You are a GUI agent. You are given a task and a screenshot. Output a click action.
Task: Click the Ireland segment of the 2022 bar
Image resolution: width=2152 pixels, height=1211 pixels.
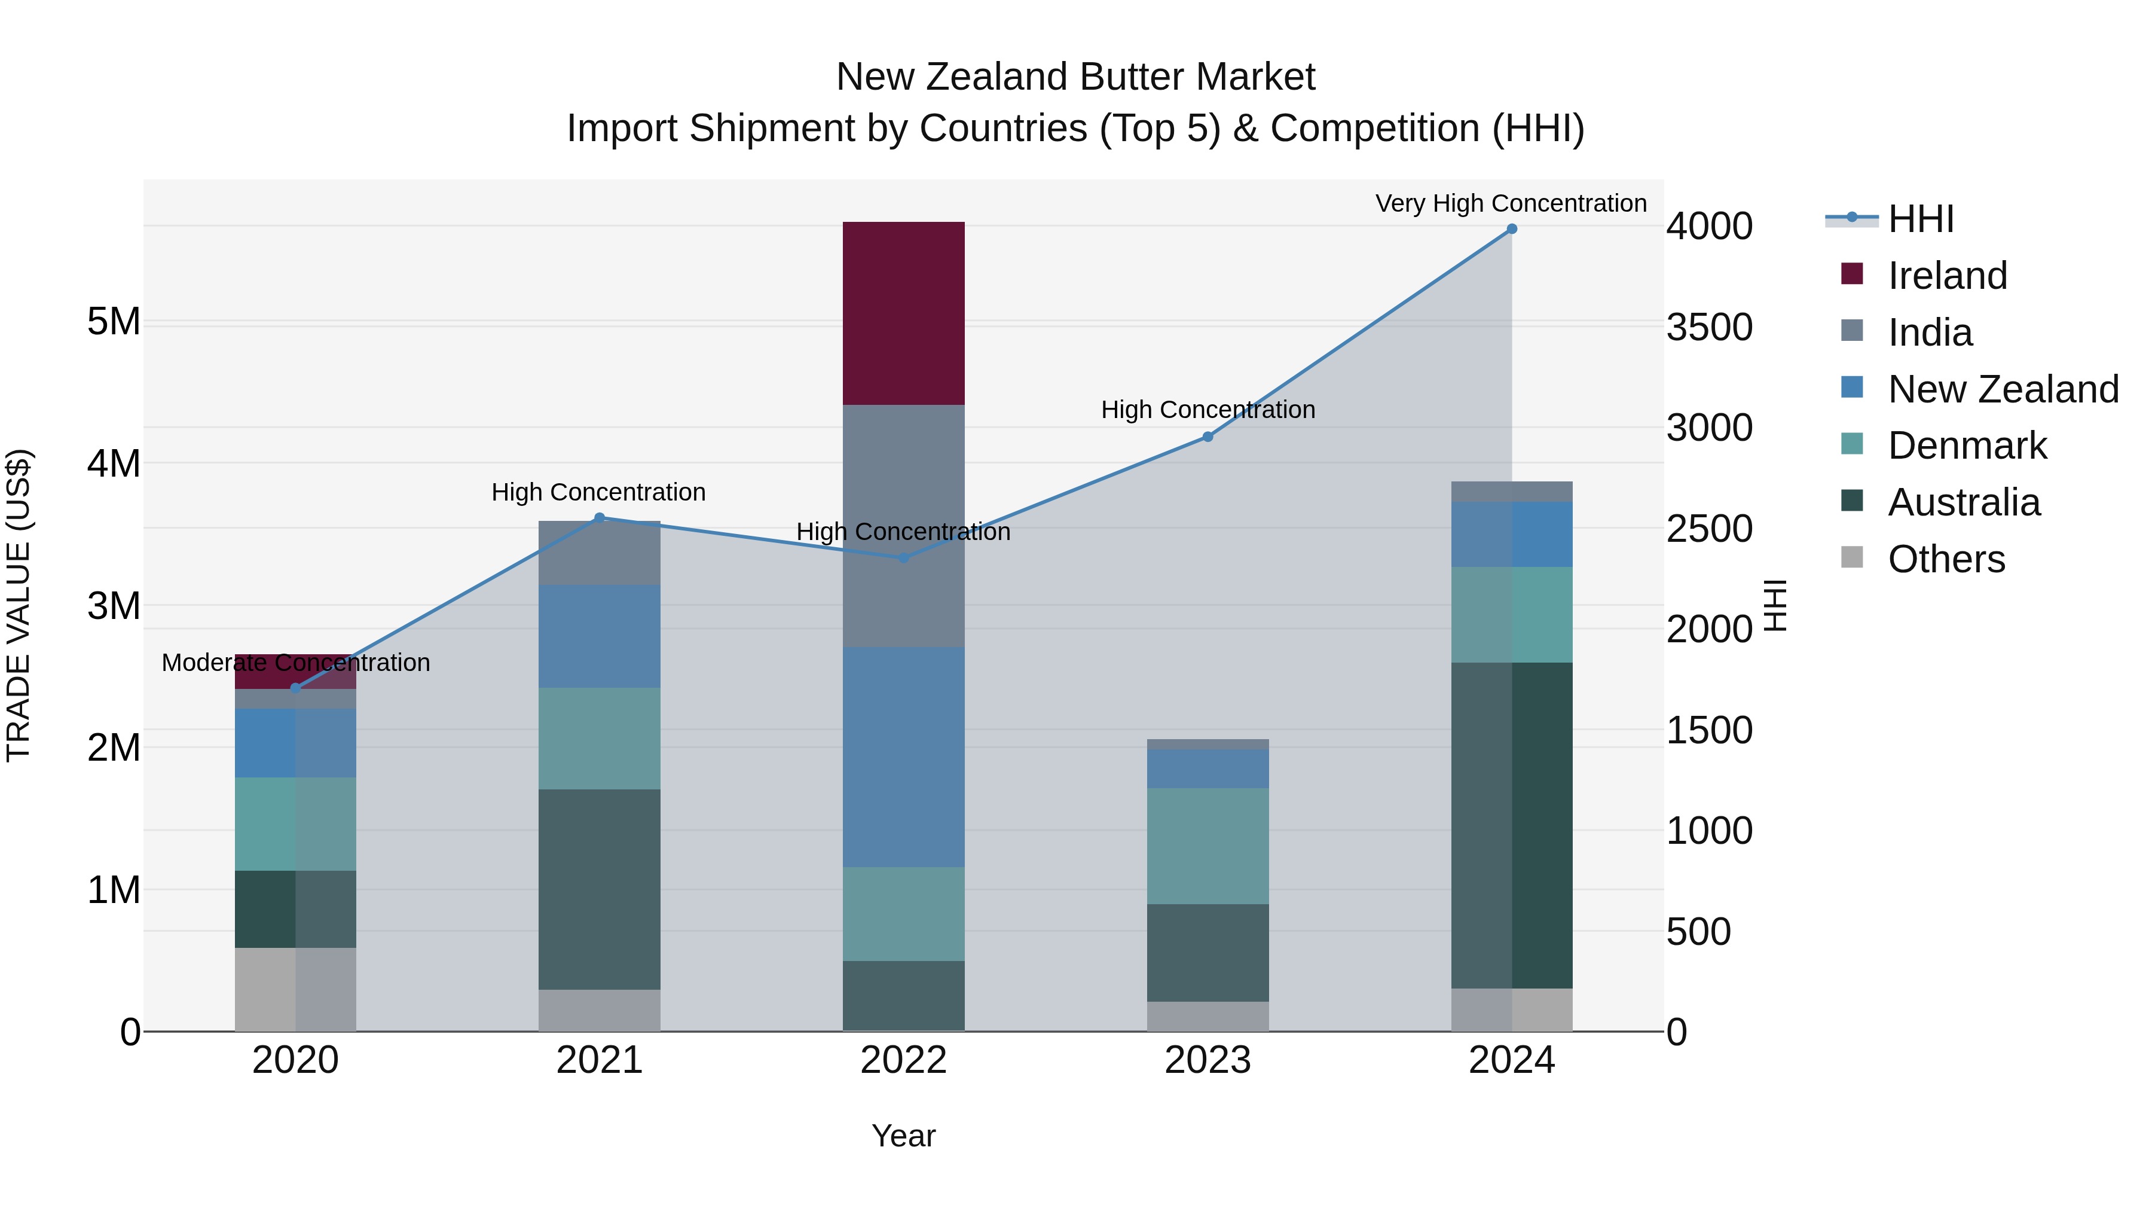click(903, 313)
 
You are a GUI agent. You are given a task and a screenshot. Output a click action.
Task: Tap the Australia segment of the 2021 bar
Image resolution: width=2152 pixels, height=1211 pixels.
click(599, 889)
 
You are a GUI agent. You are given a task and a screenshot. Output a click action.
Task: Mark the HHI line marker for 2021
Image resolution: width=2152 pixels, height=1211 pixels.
click(599, 518)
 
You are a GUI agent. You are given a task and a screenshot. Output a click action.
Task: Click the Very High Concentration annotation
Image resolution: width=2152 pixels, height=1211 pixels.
click(1511, 203)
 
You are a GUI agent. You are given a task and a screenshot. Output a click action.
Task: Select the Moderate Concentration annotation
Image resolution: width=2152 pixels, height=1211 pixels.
click(296, 663)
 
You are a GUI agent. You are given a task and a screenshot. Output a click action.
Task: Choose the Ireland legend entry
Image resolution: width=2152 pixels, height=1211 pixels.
click(1946, 276)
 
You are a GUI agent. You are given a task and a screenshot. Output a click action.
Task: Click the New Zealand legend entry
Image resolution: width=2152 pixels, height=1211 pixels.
click(2003, 389)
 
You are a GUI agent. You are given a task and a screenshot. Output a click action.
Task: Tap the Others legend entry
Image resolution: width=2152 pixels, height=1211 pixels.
click(1946, 559)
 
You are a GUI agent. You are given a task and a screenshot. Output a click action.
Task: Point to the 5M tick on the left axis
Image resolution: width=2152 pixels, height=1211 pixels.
click(114, 322)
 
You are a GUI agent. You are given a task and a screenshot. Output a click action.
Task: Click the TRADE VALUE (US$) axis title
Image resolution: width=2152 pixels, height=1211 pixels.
click(19, 605)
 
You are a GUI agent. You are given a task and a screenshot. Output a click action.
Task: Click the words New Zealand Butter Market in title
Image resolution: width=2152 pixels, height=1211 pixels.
click(1075, 77)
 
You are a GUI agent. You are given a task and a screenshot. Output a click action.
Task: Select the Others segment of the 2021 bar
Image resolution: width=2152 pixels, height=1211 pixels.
click(599, 1011)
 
